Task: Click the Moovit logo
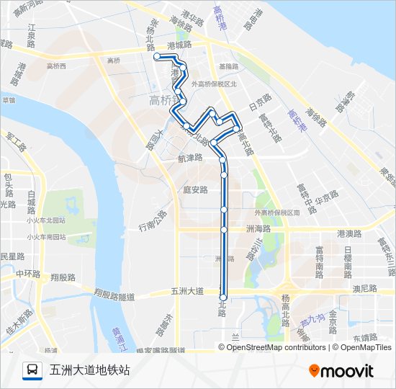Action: tap(341, 371)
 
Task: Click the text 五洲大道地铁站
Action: tap(90, 370)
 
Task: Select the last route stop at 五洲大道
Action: tap(223, 297)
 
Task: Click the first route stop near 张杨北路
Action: tap(156, 55)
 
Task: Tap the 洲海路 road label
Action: tap(258, 228)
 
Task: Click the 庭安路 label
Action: tap(195, 190)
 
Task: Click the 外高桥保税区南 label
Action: tap(277, 213)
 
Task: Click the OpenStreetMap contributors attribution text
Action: tap(277, 347)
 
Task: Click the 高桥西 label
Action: tap(56, 66)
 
